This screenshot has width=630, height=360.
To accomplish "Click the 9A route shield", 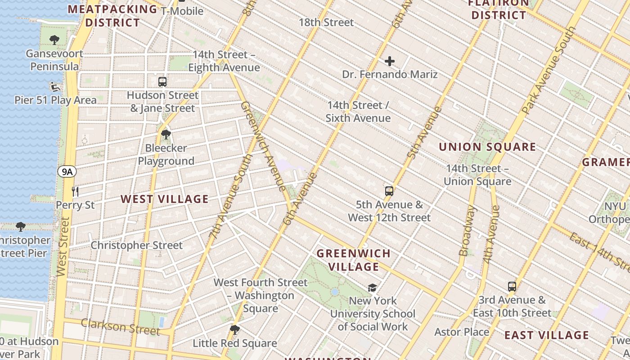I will (67, 171).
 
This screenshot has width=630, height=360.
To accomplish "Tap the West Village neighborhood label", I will (165, 199).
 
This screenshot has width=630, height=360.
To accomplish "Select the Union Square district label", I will (487, 147).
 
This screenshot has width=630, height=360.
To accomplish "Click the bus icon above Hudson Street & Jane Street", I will (162, 82).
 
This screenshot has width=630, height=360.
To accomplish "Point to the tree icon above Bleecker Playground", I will (166, 134).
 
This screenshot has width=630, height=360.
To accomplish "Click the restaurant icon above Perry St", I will (75, 192).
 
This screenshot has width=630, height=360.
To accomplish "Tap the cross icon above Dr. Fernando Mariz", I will (390, 61).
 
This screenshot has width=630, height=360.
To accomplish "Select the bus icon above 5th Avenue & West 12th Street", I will (389, 191).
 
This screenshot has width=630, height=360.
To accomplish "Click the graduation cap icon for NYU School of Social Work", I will (372, 288).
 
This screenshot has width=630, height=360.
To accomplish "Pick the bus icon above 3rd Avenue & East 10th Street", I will (512, 286).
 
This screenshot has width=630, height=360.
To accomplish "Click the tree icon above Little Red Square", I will (234, 329).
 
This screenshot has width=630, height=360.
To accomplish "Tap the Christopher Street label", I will (137, 245).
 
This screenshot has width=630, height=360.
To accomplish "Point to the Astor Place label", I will (462, 332).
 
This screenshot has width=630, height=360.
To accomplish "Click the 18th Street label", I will (326, 22).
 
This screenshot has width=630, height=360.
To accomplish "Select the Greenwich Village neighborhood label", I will (354, 260).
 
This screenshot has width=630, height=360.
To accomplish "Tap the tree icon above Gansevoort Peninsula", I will (54, 40).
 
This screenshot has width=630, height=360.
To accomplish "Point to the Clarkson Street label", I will (121, 327).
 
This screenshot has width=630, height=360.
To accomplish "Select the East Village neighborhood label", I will (546, 335).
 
